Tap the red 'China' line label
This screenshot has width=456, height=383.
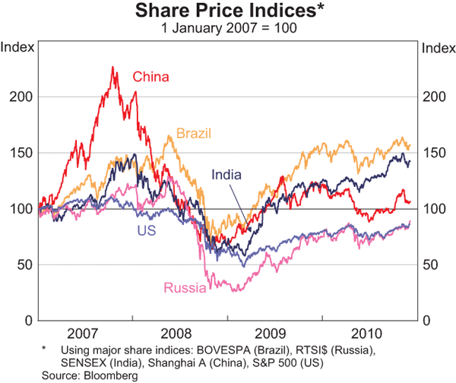coord(150,77)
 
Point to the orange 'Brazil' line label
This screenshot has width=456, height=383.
coord(193,134)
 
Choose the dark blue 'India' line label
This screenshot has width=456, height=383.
coord(226,175)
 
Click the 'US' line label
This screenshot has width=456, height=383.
coord(147,229)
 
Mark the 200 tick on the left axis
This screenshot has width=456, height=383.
coord(24,97)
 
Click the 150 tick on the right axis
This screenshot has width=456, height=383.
coord(432,153)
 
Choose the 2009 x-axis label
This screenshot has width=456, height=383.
coord(272,334)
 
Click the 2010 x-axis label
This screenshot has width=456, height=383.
coord(367,334)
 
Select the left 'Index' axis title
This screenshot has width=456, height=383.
coord(17,47)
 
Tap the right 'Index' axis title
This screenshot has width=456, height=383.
coord(437,47)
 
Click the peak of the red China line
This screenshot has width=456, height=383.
coord(112,68)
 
